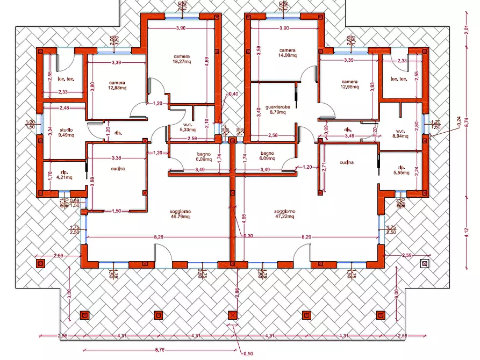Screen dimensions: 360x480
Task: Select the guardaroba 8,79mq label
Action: pos(278,110)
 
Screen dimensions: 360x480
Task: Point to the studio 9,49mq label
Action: pos(66,132)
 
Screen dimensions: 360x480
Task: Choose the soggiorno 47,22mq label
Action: pos(283,214)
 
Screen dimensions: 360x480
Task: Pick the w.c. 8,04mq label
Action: pos(400,134)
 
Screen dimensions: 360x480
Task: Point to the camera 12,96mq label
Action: pos(349,85)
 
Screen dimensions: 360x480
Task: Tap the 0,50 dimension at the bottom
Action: pos(248,353)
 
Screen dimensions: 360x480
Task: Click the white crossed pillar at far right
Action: pos(425,264)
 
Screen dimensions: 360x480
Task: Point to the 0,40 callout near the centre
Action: pos(233,94)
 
